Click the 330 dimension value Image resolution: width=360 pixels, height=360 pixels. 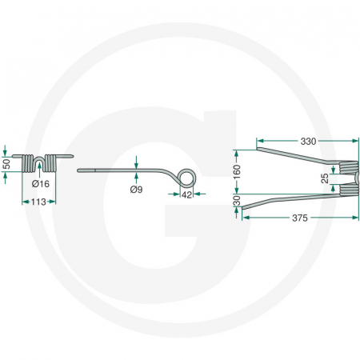308,142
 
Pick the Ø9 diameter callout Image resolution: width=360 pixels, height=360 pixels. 137,190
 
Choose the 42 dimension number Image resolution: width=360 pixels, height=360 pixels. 186,194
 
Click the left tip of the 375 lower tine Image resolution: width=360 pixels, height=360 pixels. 244,209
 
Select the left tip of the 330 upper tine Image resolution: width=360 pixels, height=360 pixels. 258,150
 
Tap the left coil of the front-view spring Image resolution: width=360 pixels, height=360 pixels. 26,162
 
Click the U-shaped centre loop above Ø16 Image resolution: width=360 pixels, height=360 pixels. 39,159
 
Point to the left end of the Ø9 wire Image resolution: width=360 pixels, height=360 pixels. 78,170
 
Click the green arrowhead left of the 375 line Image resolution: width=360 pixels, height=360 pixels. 243,217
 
